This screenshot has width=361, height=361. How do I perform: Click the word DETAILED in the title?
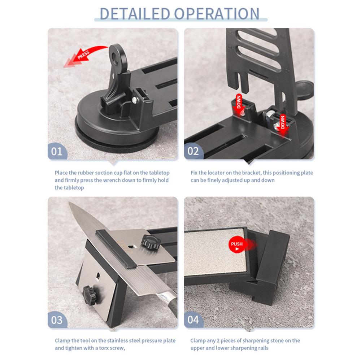[134, 13]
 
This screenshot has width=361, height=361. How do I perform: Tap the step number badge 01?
[57, 151]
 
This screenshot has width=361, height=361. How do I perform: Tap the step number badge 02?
[193, 151]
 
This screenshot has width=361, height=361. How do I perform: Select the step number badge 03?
[57, 319]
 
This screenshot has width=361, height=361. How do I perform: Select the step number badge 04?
[193, 319]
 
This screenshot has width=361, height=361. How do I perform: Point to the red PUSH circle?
[237, 246]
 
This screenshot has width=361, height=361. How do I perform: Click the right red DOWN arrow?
[282, 123]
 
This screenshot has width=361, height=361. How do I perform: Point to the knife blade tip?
[70, 204]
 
